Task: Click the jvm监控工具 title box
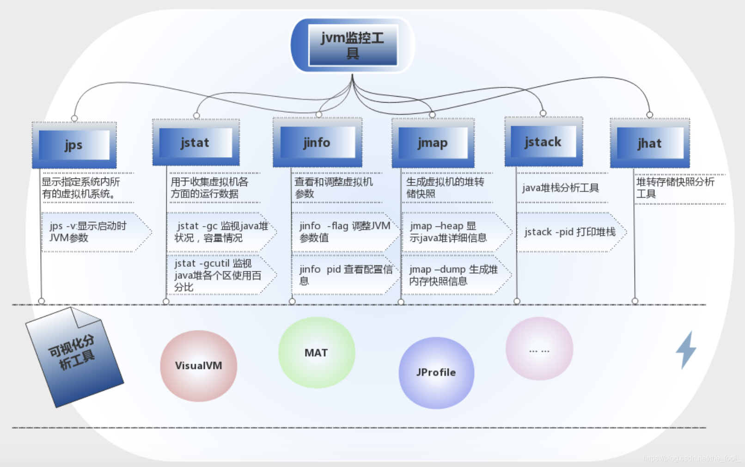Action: (352, 45)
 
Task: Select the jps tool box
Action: (74, 145)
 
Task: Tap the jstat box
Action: (195, 143)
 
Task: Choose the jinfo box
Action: (317, 142)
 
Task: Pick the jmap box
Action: (433, 143)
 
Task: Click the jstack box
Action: (543, 142)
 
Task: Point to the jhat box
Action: (649, 143)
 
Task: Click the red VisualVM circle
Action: (198, 366)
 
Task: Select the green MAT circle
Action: (316, 353)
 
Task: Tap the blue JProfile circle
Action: (436, 373)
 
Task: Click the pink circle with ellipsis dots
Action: (539, 349)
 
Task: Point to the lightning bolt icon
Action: (686, 350)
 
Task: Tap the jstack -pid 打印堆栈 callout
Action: (569, 232)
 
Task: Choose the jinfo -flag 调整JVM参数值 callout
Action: (344, 232)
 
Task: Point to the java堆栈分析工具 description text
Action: (560, 188)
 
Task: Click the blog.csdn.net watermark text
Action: (690, 458)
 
